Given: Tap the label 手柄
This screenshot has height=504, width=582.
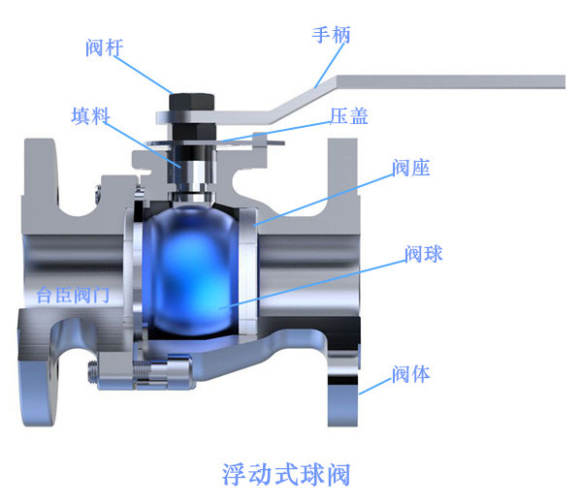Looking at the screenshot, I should point(331,36).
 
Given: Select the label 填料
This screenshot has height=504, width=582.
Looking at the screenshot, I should point(89,116).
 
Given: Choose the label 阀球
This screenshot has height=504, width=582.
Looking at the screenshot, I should point(425,254).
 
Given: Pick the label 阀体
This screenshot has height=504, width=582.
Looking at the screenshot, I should point(411,373).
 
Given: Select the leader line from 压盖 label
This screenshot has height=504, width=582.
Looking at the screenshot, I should point(281,131).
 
